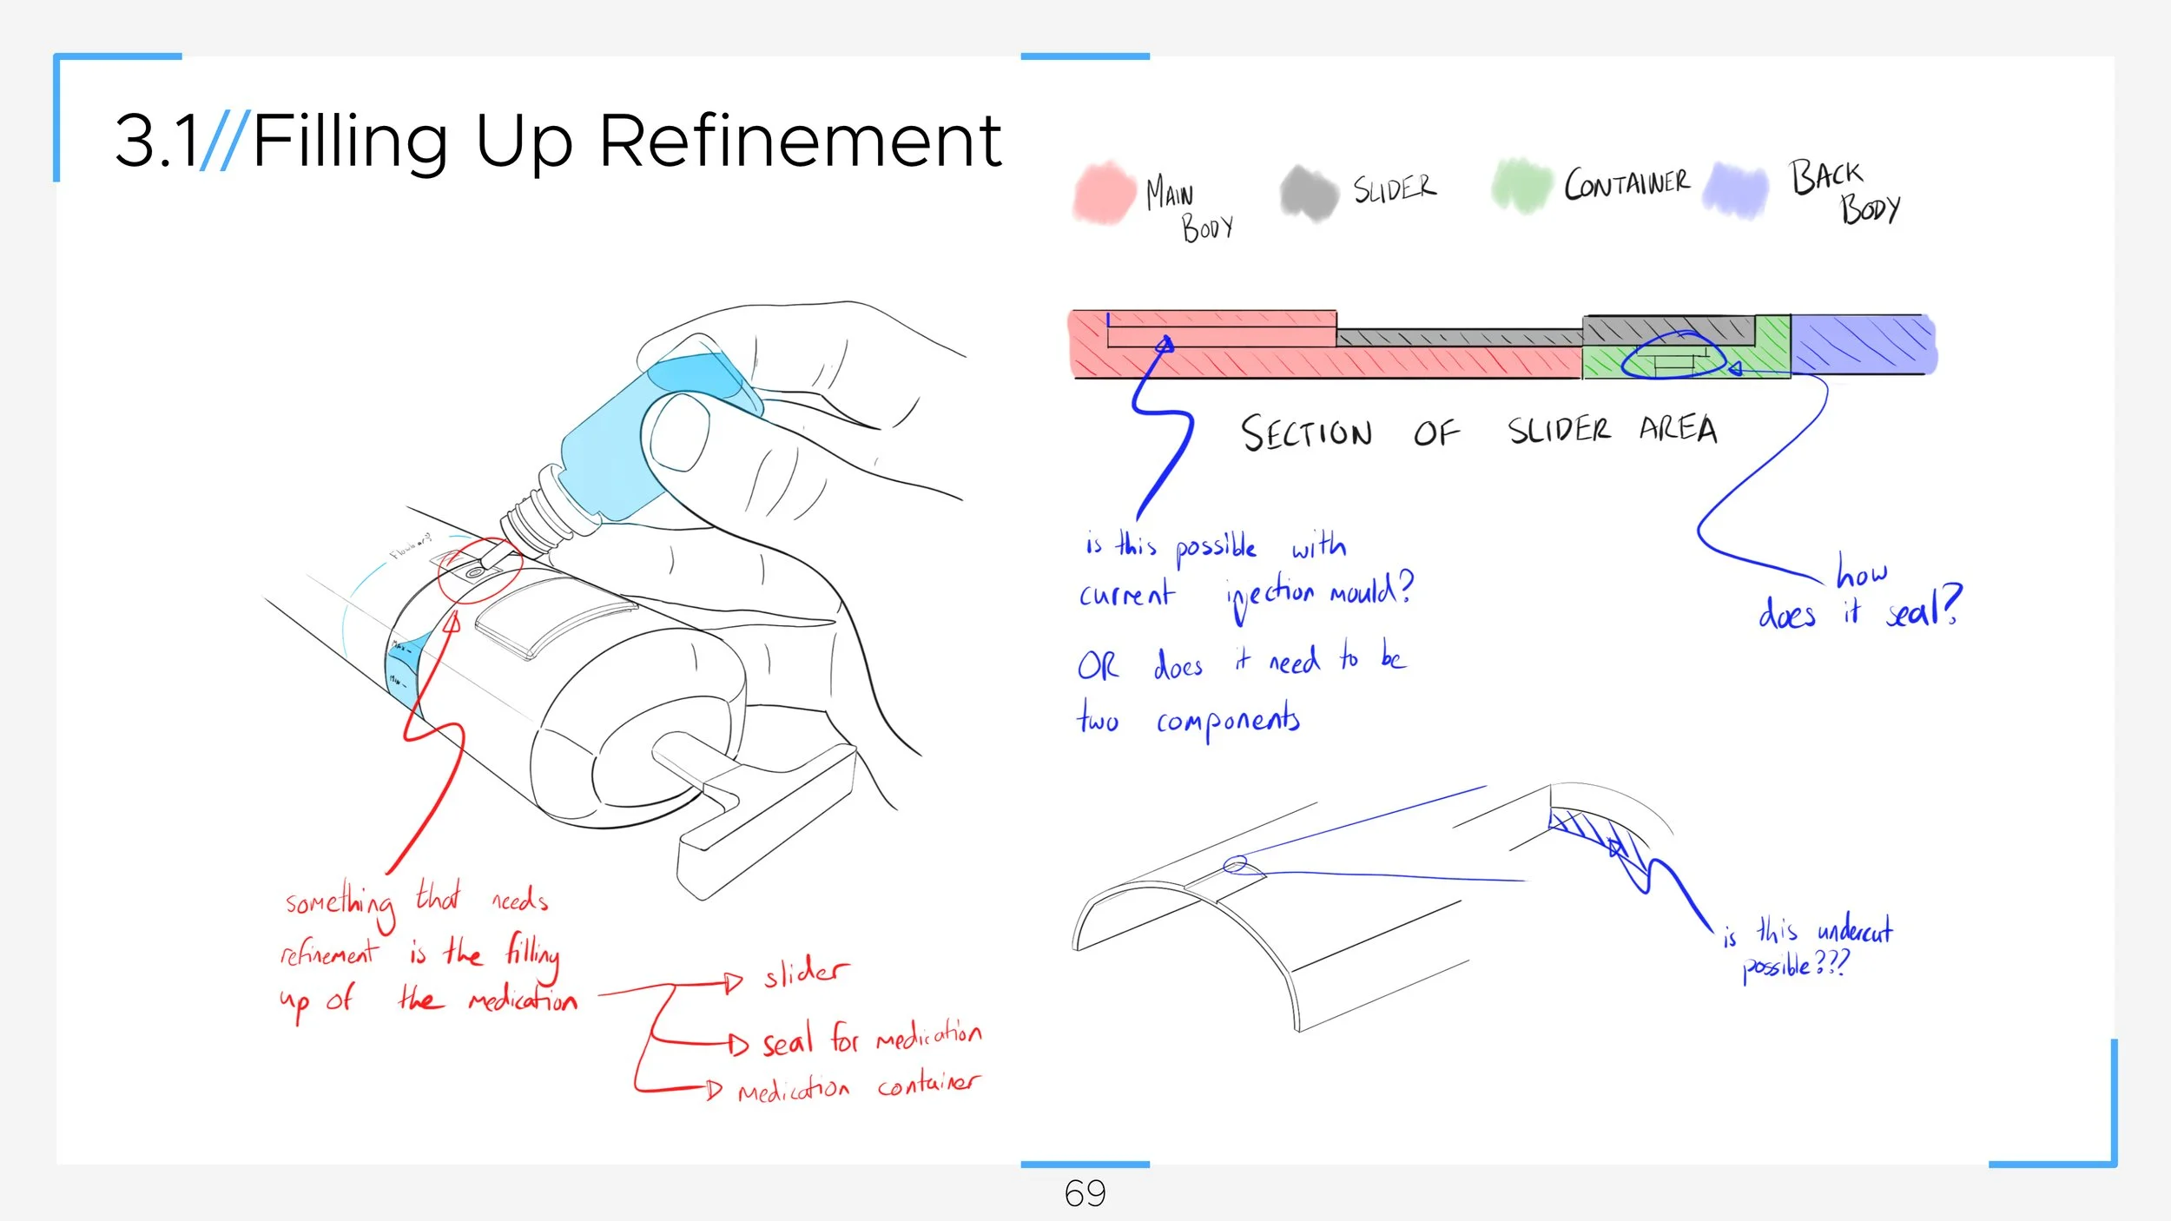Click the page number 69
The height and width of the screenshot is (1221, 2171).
(x=1085, y=1194)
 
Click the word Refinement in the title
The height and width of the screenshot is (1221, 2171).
(x=800, y=141)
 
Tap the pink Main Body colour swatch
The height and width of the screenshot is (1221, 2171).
(x=1104, y=193)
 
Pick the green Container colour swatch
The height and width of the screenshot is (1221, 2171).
(x=1521, y=186)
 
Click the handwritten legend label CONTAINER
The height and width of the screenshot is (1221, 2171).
(x=1627, y=183)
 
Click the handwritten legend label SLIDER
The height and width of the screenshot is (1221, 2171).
(x=1395, y=188)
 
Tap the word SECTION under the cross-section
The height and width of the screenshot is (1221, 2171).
(x=1306, y=433)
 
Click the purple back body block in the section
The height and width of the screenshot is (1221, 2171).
(x=1863, y=344)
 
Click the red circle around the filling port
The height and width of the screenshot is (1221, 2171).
(x=478, y=570)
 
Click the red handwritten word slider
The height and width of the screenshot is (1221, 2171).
(x=805, y=972)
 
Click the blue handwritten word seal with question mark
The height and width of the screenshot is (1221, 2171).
(x=1923, y=608)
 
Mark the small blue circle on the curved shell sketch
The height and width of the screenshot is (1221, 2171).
(x=1235, y=864)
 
